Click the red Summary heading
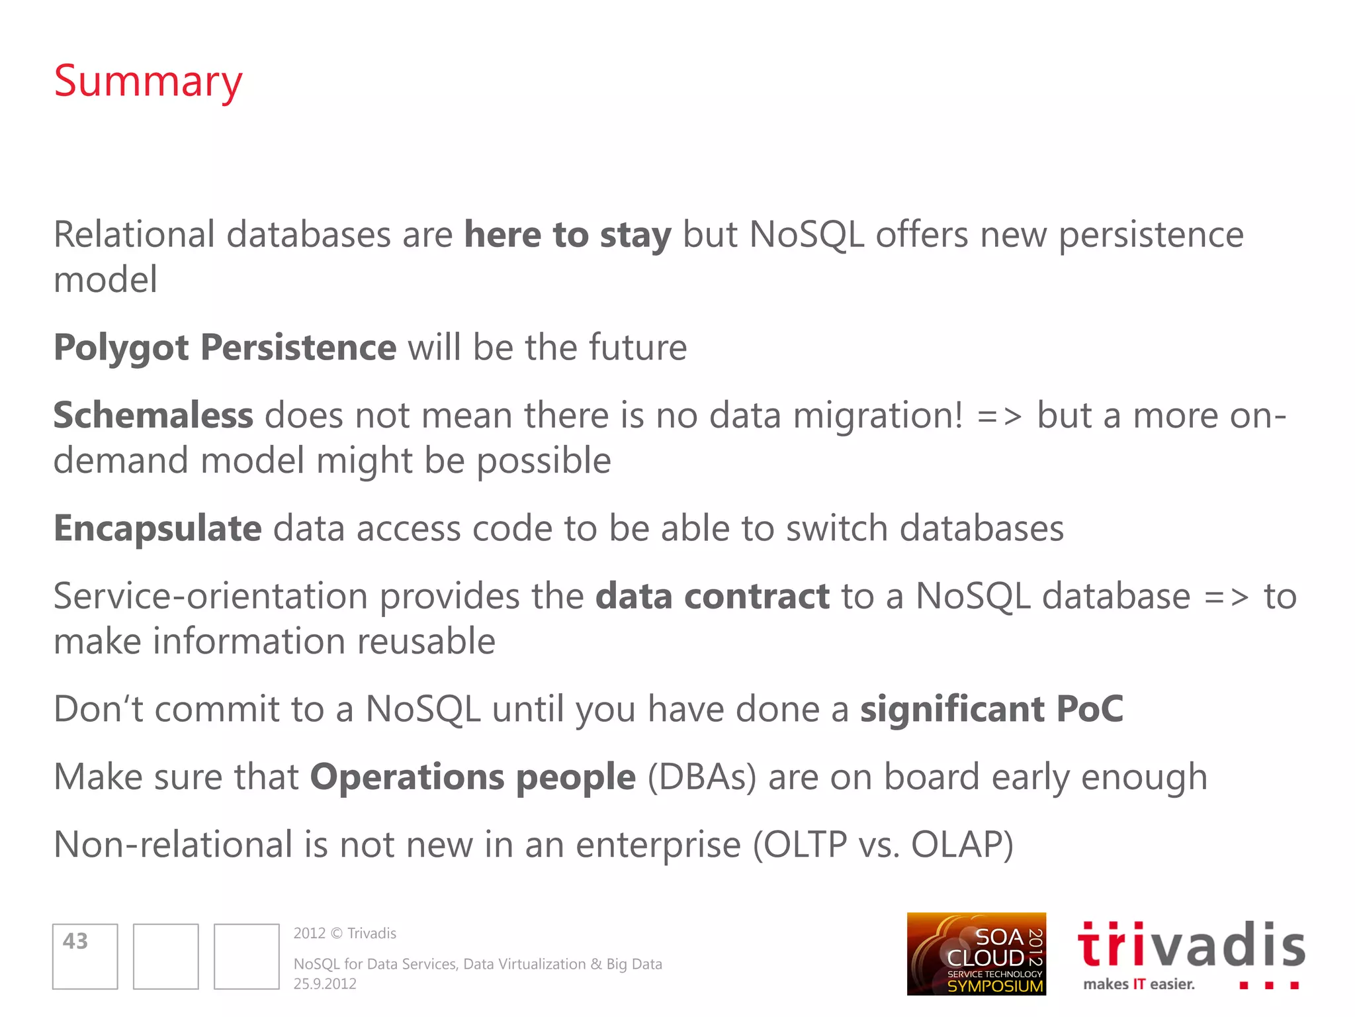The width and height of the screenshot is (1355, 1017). (148, 82)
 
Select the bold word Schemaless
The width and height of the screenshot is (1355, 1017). (153, 416)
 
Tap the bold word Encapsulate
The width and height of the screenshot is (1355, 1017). (157, 529)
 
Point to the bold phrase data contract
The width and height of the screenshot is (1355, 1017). (712, 597)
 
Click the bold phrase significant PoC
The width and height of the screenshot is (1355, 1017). (991, 709)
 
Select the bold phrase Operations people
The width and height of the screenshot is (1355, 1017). (472, 777)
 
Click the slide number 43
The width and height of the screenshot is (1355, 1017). (75, 941)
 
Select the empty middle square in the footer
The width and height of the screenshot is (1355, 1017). (165, 956)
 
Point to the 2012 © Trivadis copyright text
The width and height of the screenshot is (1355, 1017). (345, 934)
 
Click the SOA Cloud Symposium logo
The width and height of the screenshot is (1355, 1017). (976, 954)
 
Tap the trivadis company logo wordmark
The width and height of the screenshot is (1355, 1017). (1191, 945)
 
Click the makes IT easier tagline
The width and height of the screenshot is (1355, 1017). (1139, 985)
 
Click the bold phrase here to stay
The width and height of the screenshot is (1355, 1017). (568, 235)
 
